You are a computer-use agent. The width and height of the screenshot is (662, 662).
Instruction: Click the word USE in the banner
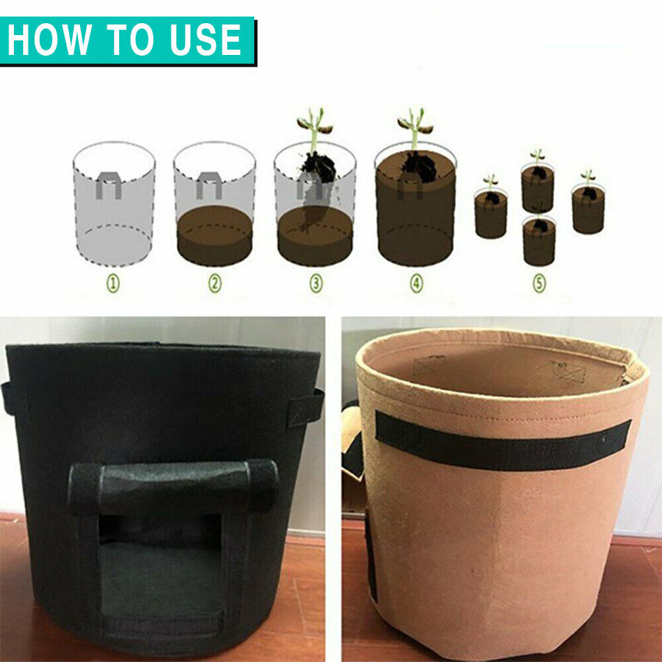[207, 40]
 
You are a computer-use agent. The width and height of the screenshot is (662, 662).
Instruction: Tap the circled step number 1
[114, 284]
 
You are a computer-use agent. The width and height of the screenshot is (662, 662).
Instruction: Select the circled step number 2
[214, 284]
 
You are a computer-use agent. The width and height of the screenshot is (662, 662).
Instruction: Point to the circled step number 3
[316, 284]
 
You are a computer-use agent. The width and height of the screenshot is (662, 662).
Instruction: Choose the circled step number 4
[416, 284]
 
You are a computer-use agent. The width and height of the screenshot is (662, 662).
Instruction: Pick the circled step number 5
[540, 284]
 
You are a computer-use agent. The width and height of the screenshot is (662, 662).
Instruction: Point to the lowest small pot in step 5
[540, 241]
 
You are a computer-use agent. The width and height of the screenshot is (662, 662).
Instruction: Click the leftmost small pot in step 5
[491, 213]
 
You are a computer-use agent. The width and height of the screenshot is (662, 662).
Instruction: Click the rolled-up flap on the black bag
[174, 487]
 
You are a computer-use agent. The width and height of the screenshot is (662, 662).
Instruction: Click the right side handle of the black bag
[310, 404]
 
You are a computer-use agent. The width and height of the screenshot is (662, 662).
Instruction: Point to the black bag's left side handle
[9, 397]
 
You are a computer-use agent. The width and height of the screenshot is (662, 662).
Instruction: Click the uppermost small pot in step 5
[537, 187]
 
